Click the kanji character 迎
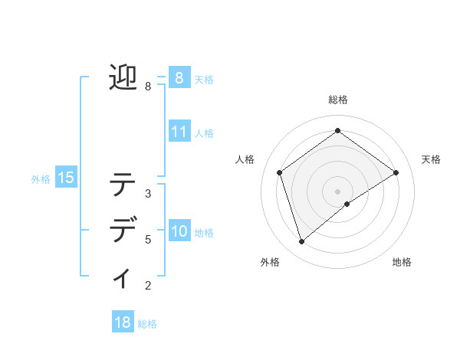[123, 77]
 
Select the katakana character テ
[123, 185]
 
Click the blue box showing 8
[179, 77]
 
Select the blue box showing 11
[179, 131]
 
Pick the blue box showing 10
[179, 231]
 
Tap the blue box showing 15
[66, 178]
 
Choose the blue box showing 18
[123, 322]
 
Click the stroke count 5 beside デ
[148, 240]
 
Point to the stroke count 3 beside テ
[148, 193]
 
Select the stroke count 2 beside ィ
[148, 286]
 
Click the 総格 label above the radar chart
[337, 100]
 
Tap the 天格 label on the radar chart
[431, 159]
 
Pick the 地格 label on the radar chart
[402, 262]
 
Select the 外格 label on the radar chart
[270, 262]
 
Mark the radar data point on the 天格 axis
[396, 172]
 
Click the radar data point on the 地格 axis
[347, 204]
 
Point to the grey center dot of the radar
[337, 191]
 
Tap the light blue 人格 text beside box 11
[204, 133]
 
